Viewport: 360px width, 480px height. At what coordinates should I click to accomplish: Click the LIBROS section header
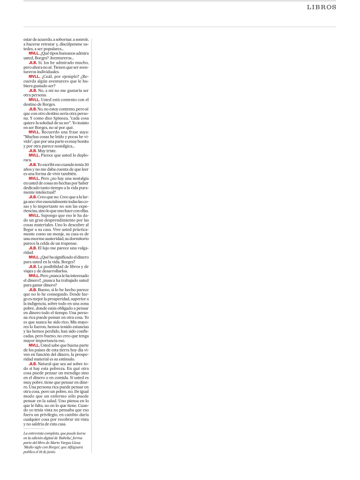coord(322,7)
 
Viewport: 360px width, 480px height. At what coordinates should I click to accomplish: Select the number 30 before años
coord(86,165)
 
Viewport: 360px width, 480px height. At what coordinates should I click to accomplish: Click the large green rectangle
coord(218,245)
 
